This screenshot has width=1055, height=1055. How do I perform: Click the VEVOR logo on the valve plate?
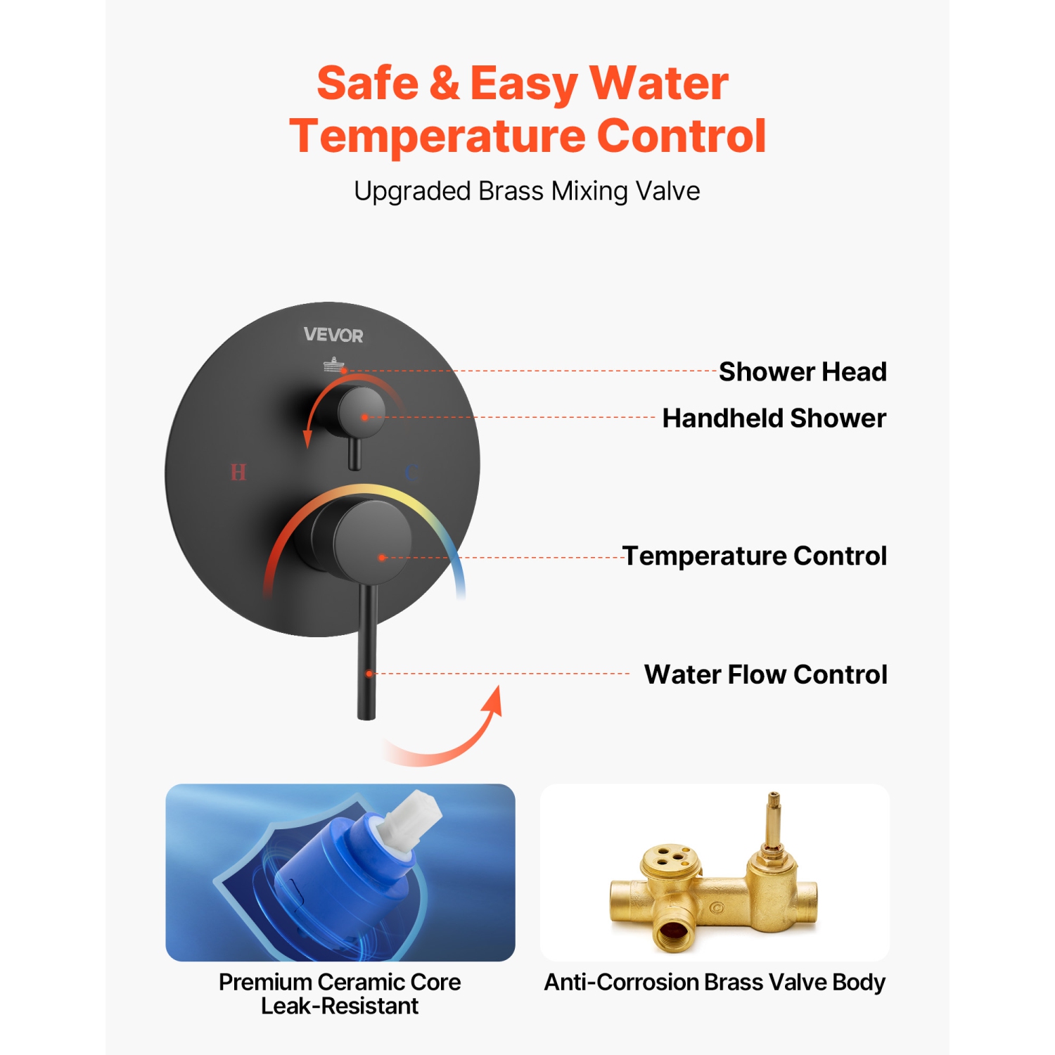point(333,335)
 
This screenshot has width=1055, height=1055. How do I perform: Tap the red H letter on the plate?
point(238,472)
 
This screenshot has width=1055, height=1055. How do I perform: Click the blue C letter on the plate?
point(412,472)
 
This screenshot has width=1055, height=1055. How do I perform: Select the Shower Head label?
point(803,371)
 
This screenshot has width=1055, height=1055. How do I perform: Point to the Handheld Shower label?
point(774,418)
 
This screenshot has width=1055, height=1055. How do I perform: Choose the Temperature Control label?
point(755,556)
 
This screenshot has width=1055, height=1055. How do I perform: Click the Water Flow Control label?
point(766,674)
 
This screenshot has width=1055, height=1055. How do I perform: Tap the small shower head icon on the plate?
point(333,364)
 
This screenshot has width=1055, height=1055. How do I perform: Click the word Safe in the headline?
point(367,83)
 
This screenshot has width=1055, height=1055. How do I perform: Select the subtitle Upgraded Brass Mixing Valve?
point(527,191)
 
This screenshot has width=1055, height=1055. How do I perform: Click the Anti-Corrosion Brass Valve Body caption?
point(715,982)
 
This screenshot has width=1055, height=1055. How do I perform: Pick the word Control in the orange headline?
point(681,136)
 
